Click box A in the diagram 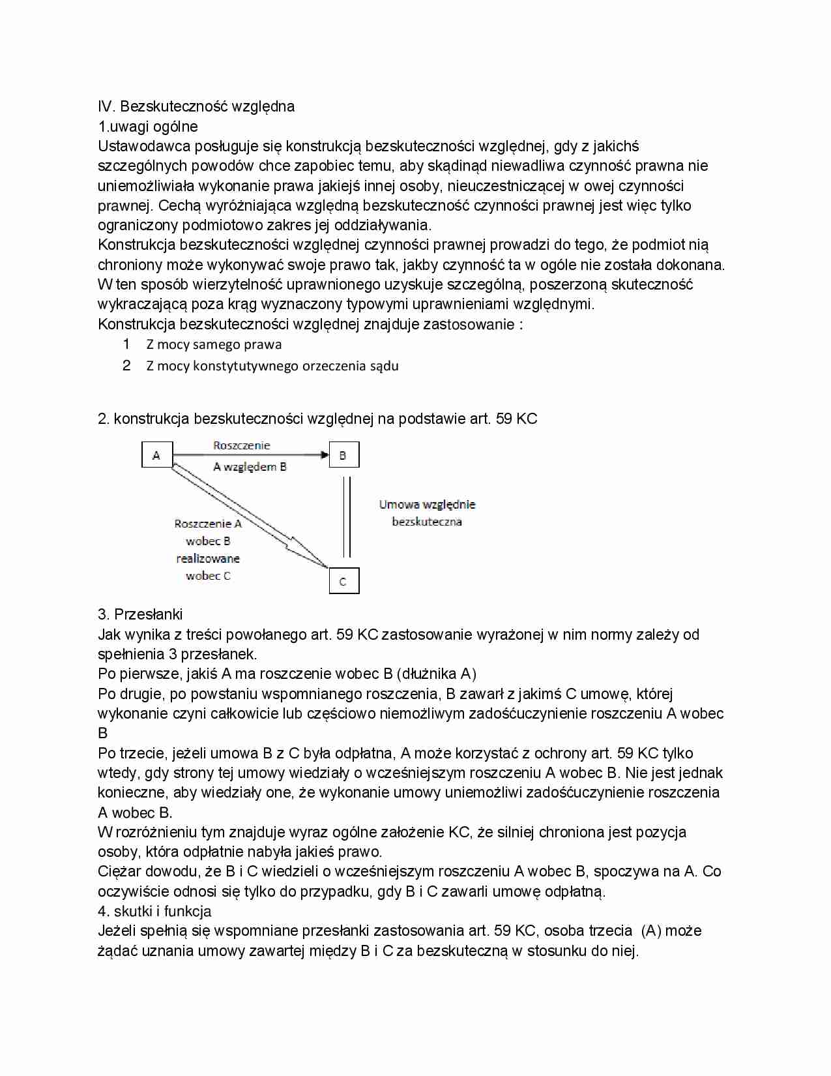[x=156, y=455]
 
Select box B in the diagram [x=343, y=455]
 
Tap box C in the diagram [x=343, y=580]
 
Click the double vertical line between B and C [x=347, y=516]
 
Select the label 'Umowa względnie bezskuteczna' [x=427, y=513]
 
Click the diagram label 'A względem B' [x=250, y=467]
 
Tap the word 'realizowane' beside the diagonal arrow [x=208, y=559]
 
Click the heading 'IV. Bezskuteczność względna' [x=196, y=106]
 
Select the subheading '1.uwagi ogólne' [x=148, y=127]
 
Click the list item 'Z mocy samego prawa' [x=214, y=344]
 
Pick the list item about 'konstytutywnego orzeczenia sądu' [x=272, y=366]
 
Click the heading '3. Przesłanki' [x=140, y=614]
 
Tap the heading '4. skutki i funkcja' [x=154, y=911]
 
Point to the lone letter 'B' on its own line [x=103, y=733]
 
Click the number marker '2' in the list [x=126, y=365]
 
